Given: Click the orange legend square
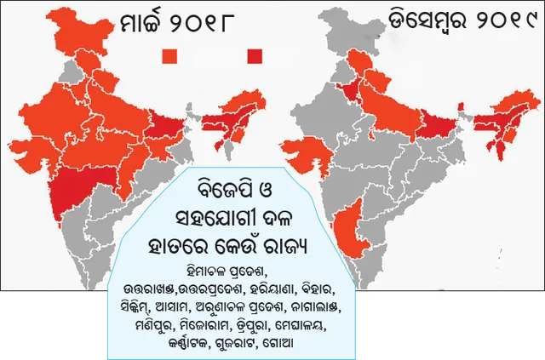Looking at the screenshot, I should (170, 56).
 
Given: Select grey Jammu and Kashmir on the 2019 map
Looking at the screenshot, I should (358, 34).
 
